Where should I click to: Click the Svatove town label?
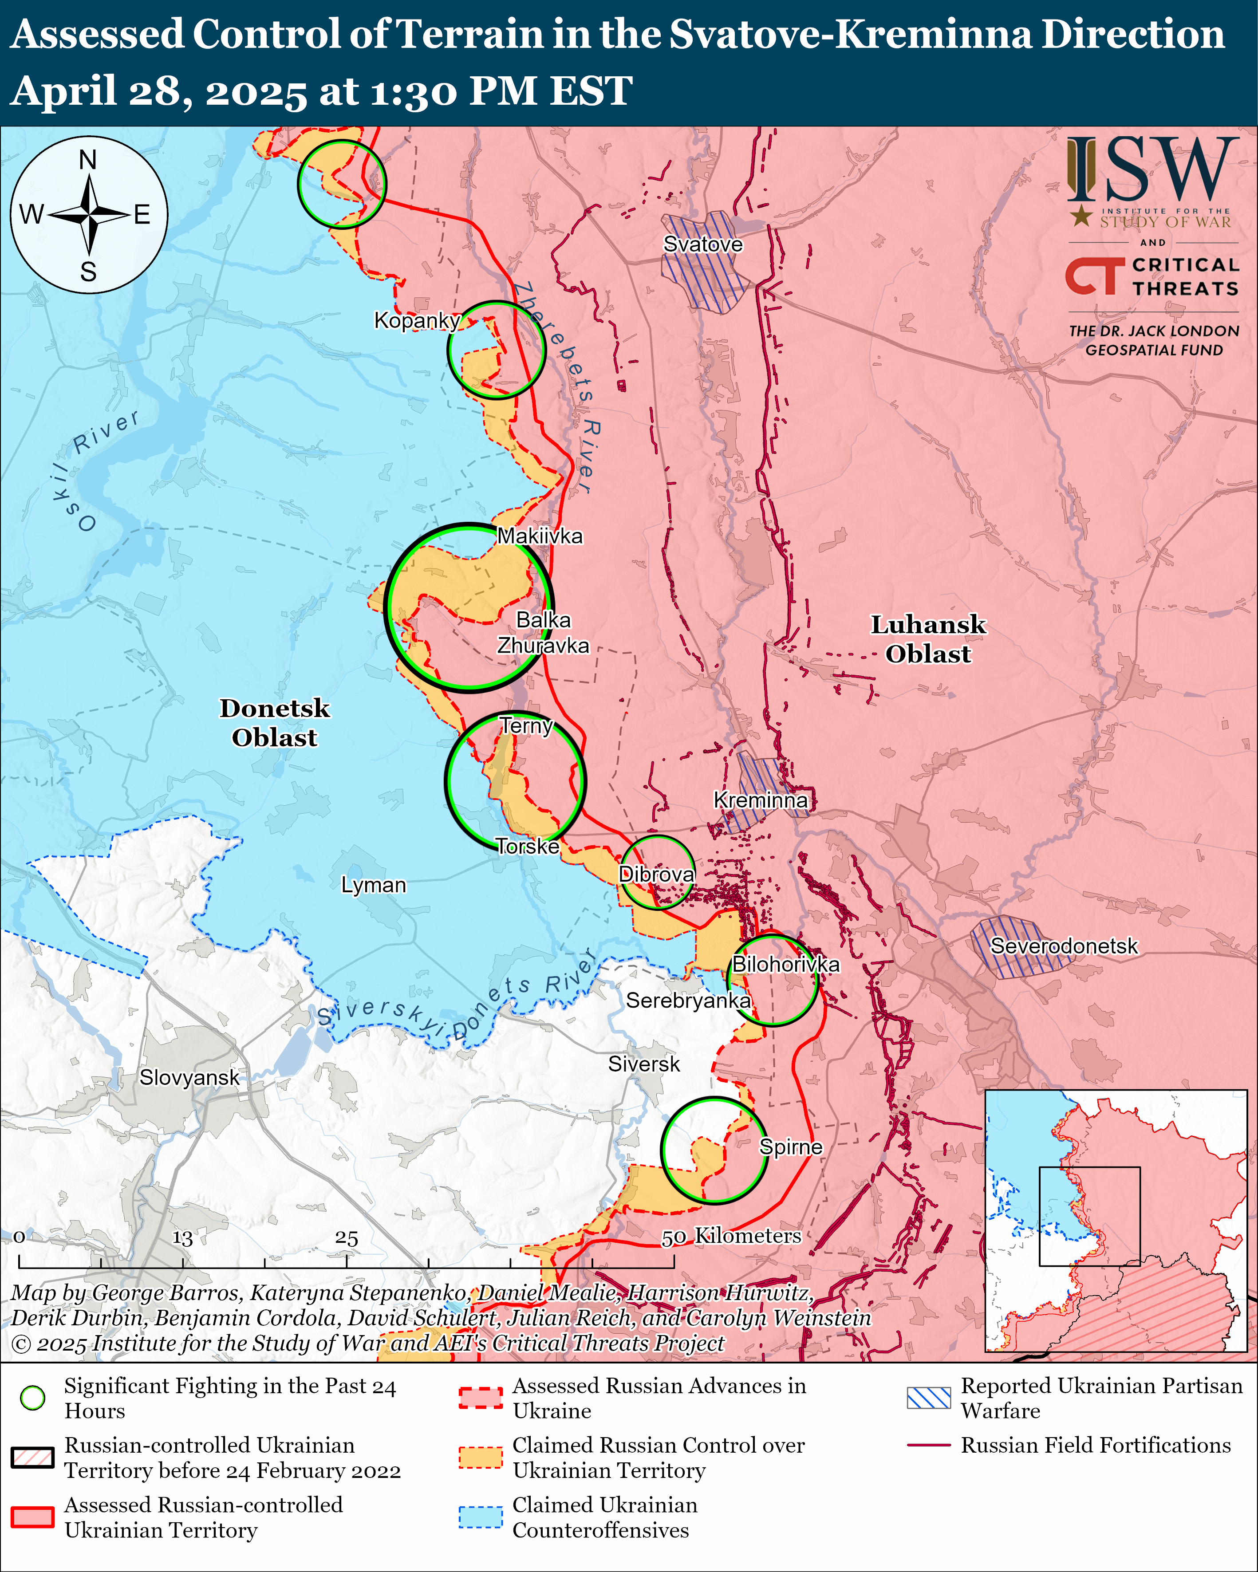click(x=702, y=244)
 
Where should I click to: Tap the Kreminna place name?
click(x=760, y=800)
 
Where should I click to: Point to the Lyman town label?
click(x=373, y=885)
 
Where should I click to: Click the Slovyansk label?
click(x=189, y=1078)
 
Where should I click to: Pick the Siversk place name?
click(x=644, y=1064)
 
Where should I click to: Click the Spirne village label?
click(x=791, y=1147)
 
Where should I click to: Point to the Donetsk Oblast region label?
click(x=274, y=723)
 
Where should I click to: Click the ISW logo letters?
click(x=1152, y=171)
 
